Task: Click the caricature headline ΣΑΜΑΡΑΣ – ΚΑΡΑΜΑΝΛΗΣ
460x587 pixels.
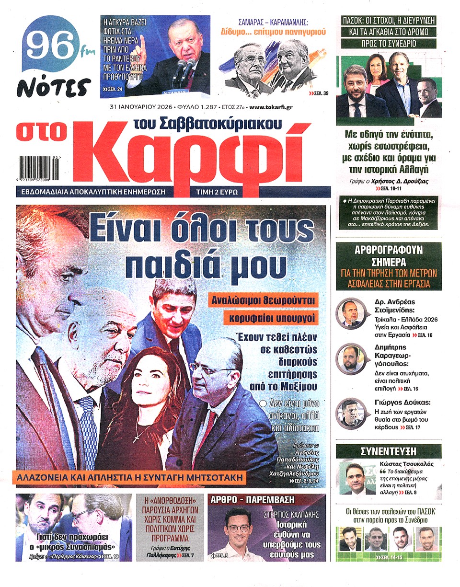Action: tap(273, 22)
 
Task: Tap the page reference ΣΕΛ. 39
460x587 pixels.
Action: tap(319, 93)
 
